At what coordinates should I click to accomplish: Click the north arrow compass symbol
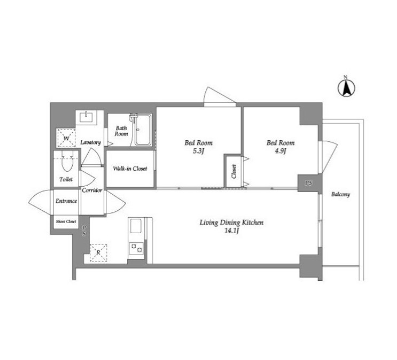346,88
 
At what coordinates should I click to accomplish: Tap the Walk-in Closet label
130,168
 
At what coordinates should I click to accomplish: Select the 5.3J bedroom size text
199,151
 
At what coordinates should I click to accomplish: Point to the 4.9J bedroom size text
281,151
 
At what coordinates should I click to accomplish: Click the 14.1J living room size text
232,231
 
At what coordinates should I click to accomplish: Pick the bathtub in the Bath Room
143,130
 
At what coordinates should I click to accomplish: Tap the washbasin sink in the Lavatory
87,117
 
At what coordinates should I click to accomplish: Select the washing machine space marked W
66,138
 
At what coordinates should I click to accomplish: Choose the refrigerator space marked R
98,253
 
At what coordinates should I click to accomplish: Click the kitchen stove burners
136,248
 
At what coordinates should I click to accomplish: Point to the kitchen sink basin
136,226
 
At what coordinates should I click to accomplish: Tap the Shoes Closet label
66,221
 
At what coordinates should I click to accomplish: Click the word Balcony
340,195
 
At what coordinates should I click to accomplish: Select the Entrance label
66,201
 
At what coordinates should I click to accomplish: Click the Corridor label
92,190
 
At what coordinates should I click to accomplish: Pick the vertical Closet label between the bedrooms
233,171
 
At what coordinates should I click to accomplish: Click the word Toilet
66,180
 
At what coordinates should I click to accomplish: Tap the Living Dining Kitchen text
231,223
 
